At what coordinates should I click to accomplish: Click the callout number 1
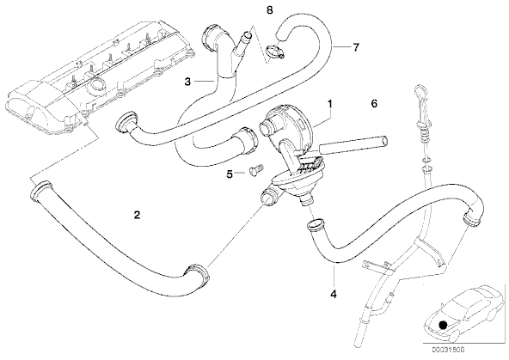pyautogui.click(x=330, y=104)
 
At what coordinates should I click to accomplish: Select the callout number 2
pyautogui.click(x=137, y=215)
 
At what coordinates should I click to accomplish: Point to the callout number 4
pyautogui.click(x=334, y=294)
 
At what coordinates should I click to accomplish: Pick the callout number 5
pyautogui.click(x=230, y=174)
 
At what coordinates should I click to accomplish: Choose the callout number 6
pyautogui.click(x=374, y=103)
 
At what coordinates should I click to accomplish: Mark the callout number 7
pyautogui.click(x=356, y=47)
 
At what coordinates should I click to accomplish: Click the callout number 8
pyautogui.click(x=269, y=10)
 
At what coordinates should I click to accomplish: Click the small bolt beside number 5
pyautogui.click(x=256, y=170)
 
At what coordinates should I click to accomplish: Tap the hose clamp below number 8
pyautogui.click(x=274, y=52)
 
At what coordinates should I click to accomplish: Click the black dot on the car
pyautogui.click(x=442, y=325)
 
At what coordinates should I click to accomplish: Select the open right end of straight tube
pyautogui.click(x=385, y=141)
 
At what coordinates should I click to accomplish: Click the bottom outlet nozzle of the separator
pyautogui.click(x=306, y=201)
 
